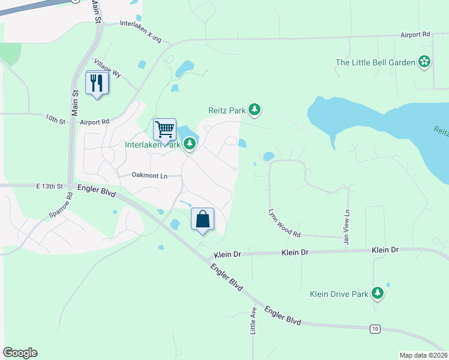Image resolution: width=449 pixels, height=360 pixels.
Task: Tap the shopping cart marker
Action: tap(164, 129)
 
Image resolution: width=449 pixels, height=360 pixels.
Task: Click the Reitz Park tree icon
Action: tap(256, 109)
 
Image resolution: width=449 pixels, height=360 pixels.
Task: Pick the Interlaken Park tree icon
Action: tap(190, 143)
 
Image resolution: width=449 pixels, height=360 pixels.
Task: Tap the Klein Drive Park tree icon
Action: tap(378, 293)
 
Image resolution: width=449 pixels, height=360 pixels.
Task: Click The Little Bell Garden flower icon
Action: tap(425, 61)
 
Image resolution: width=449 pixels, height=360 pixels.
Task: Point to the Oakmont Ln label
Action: tap(150, 175)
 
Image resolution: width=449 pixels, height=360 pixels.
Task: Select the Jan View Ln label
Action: tap(347, 222)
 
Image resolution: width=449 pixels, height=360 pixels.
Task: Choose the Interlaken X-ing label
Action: tap(140, 31)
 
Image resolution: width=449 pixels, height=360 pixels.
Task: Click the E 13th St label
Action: tap(49, 187)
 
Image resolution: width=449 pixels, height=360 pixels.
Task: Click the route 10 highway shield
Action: tap(375, 328)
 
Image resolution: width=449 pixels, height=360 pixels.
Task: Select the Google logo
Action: tap(20, 353)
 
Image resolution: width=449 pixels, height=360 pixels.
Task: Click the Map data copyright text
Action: tap(423, 355)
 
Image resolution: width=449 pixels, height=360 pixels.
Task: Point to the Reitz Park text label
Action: tap(228, 110)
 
